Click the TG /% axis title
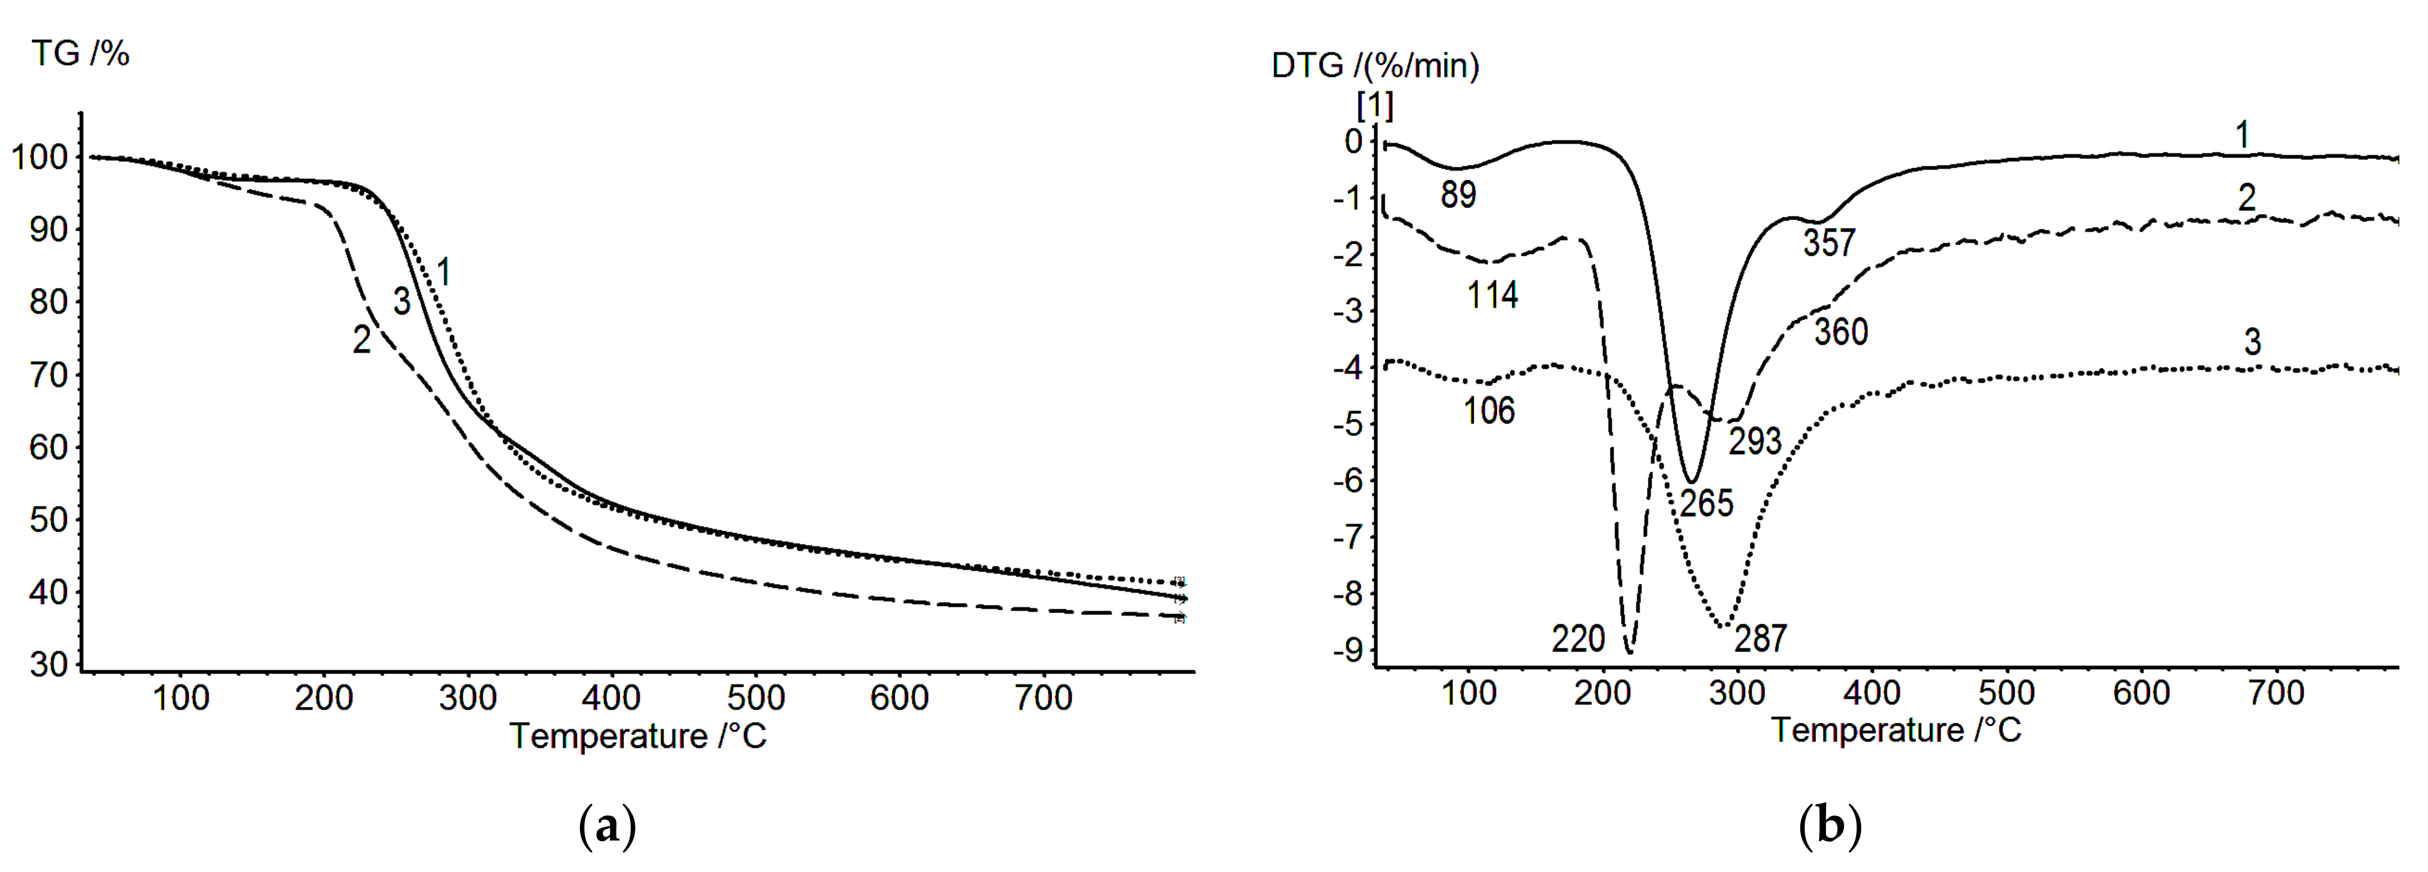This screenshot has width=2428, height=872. (x=80, y=54)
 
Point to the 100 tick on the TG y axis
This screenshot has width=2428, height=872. (x=40, y=158)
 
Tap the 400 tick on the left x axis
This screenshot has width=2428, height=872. (x=611, y=699)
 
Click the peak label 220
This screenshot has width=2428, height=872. (x=1578, y=639)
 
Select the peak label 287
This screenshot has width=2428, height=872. (x=1761, y=639)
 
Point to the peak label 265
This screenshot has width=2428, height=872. (x=1706, y=503)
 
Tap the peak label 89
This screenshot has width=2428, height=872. (x=1458, y=195)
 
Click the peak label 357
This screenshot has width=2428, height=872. (x=1829, y=243)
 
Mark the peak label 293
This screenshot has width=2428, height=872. (x=1754, y=441)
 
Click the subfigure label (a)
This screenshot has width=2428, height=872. (x=606, y=827)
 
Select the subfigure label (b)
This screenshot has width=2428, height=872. (x=1829, y=827)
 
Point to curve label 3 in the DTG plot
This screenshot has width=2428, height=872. (x=2252, y=342)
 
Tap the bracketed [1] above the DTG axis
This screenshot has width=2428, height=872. (x=1374, y=106)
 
